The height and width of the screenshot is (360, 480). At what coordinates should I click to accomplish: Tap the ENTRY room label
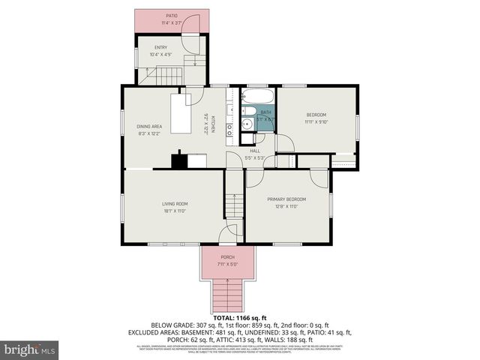[160, 47]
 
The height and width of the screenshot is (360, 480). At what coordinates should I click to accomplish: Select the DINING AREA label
[149, 126]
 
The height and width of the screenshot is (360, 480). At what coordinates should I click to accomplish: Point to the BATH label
[265, 112]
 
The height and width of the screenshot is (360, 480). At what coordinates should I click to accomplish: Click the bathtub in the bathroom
[259, 97]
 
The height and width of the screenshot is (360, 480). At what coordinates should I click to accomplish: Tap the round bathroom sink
[246, 124]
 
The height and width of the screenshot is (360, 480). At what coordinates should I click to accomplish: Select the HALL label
[254, 151]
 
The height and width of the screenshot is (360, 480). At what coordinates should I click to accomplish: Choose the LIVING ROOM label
[175, 204]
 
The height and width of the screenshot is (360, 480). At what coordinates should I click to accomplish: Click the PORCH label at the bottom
[227, 257]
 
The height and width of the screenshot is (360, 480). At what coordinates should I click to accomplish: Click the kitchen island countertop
[181, 114]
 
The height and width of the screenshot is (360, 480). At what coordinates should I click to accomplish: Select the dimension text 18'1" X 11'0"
[175, 211]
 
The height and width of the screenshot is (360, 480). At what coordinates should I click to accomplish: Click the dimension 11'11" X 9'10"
[316, 121]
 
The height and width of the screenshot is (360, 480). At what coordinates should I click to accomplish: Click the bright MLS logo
[30, 349]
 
